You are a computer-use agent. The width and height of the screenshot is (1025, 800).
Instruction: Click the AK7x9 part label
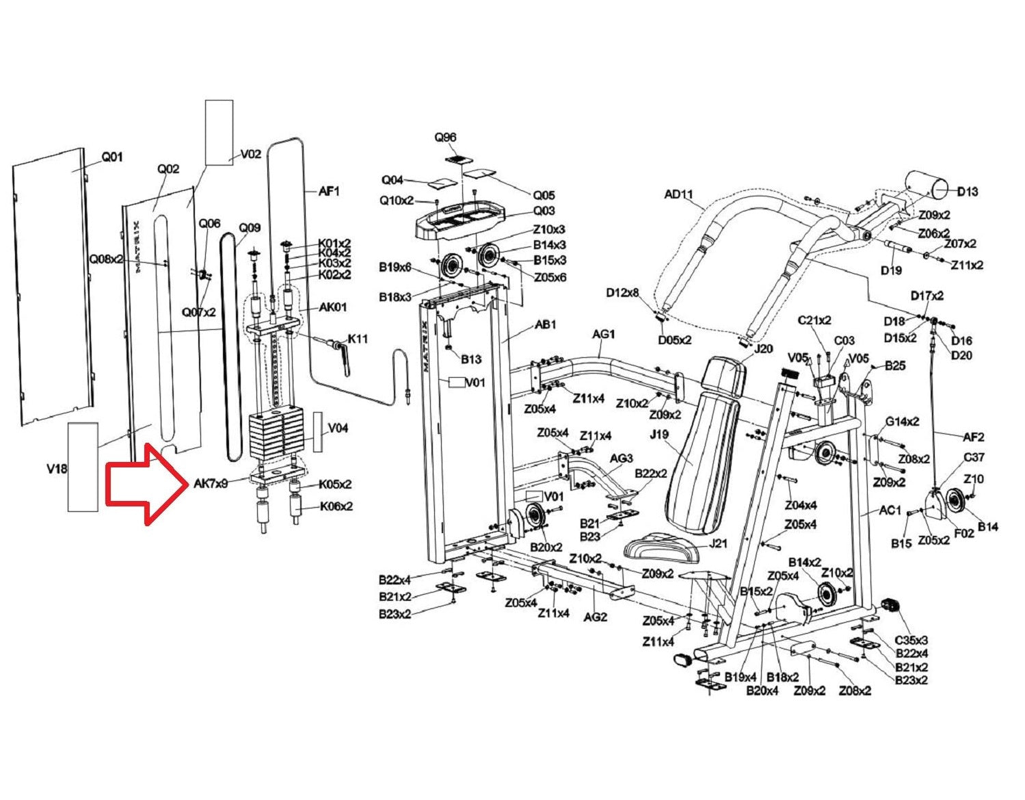pos(211,484)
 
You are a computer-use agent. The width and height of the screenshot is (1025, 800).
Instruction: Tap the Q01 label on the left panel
pos(112,157)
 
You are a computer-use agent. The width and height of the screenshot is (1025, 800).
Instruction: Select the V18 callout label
pos(57,469)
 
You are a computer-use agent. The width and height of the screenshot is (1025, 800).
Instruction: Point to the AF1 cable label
pos(330,191)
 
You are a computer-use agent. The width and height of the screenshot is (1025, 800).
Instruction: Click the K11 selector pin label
pos(358,339)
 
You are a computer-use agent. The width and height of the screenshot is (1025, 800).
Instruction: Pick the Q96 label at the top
pos(445,138)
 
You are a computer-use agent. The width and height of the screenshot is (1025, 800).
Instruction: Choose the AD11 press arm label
pos(679,194)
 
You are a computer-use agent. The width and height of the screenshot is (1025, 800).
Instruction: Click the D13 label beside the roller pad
pos(968,192)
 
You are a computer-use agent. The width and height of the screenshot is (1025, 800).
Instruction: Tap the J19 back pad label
pos(659,434)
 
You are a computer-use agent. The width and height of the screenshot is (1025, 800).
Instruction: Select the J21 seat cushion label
pos(718,544)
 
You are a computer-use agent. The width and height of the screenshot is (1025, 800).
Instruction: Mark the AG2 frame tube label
pos(596,617)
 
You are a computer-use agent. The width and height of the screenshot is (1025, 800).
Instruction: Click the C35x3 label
pos(911,641)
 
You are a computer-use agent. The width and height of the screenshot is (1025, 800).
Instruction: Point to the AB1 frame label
pos(546,324)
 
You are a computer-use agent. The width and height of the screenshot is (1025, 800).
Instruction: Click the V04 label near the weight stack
pos(338,428)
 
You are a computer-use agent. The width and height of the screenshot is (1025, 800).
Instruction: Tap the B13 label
pos(470,359)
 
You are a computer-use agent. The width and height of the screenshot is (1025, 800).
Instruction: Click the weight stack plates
pos(276,435)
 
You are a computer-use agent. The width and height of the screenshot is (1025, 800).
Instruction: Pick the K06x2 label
pos(336,506)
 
